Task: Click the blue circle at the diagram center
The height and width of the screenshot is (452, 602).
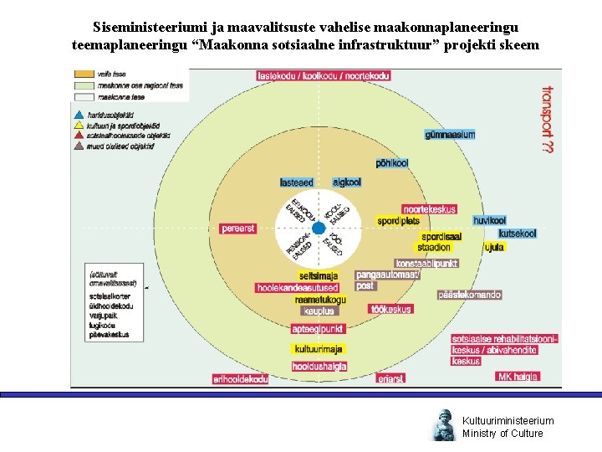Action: (x=318, y=229)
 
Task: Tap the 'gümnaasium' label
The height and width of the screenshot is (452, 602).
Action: (x=450, y=135)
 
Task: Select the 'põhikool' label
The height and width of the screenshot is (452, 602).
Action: (x=391, y=163)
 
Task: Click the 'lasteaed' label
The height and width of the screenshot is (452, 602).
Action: (x=297, y=182)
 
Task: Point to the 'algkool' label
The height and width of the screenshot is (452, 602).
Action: (x=346, y=182)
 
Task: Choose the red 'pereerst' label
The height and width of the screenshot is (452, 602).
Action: (x=238, y=229)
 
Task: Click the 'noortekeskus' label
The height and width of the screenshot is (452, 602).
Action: (x=429, y=209)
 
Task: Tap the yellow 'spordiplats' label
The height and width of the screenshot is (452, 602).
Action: (x=398, y=221)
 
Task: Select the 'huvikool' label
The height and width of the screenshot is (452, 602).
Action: (x=489, y=220)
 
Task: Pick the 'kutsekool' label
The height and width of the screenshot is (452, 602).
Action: (x=518, y=234)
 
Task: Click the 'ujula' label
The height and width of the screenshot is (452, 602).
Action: (x=494, y=247)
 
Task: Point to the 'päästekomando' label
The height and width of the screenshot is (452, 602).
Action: (x=469, y=295)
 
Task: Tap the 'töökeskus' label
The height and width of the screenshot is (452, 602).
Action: (x=391, y=309)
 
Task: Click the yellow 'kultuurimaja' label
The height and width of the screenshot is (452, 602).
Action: (x=318, y=349)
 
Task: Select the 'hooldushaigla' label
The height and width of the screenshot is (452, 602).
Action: (x=319, y=366)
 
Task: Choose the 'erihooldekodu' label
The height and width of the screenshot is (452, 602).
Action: (x=241, y=378)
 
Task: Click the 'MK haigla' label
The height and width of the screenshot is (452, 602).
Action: (x=518, y=377)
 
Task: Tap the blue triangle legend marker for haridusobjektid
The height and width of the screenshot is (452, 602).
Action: (x=79, y=115)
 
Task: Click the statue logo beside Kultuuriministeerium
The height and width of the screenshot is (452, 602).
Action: (x=442, y=426)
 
